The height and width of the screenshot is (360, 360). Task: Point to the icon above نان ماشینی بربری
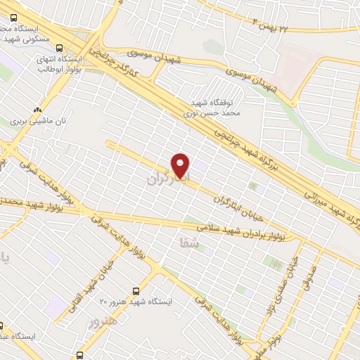point(38,110)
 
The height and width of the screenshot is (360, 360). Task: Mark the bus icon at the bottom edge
point(79,355)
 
